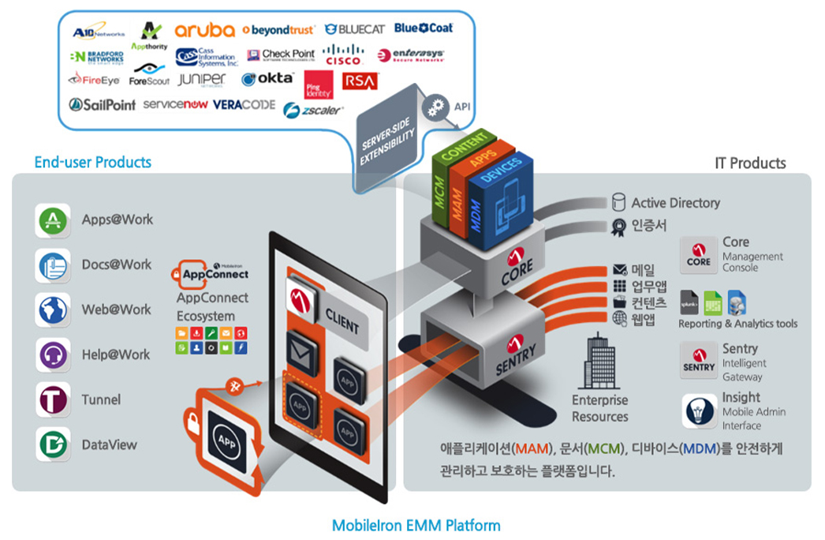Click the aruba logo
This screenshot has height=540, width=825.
click(204, 30)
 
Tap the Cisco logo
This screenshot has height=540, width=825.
click(343, 54)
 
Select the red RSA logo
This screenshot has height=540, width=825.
click(360, 81)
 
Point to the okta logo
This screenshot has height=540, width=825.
click(267, 79)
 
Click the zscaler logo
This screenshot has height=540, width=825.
click(313, 111)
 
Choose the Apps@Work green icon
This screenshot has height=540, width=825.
click(53, 220)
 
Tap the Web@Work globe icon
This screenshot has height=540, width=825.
click(53, 310)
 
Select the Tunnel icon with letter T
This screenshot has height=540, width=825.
click(53, 400)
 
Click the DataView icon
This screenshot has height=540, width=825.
click(53, 444)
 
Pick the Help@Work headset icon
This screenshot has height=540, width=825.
click(53, 355)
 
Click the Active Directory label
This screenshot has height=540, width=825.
click(675, 203)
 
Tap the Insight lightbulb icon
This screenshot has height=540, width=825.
click(699, 411)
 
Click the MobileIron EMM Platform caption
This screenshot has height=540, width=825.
click(416, 525)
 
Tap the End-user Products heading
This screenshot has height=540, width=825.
click(92, 163)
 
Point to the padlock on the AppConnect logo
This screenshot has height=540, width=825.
click(177, 276)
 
